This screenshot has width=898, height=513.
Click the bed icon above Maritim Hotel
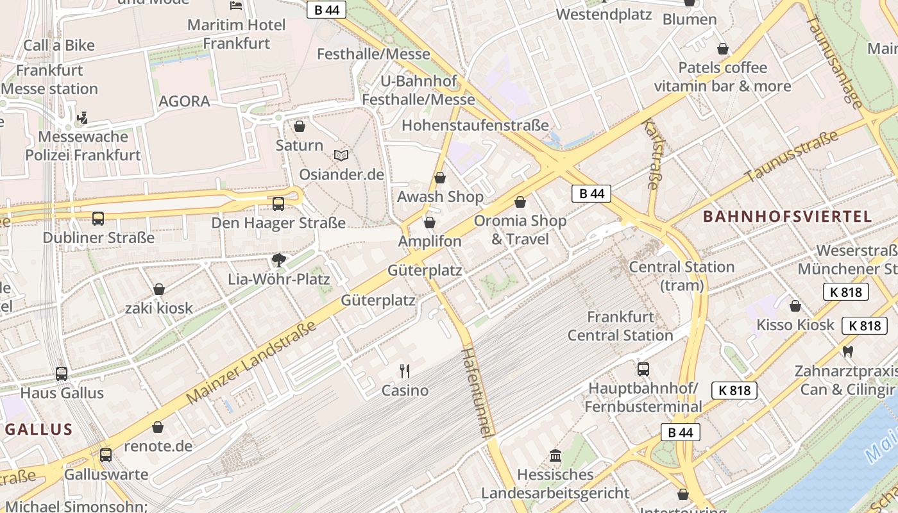click(x=236, y=5)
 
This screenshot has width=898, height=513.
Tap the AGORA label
click(x=184, y=101)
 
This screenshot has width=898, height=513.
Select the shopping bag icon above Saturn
click(x=299, y=126)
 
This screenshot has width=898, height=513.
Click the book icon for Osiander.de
click(x=341, y=155)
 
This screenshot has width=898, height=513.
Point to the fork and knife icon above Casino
click(x=405, y=371)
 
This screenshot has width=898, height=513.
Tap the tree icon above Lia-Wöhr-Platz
click(x=278, y=260)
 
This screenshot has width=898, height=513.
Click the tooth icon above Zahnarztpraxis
click(x=847, y=351)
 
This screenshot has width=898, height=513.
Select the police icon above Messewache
click(x=82, y=118)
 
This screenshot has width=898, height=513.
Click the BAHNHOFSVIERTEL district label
click(x=788, y=216)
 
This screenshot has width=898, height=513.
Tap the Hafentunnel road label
click(x=479, y=392)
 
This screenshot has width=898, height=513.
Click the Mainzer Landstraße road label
click(x=252, y=363)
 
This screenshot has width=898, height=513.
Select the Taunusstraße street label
click(x=792, y=156)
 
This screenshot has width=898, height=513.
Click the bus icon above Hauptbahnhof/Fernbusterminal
click(x=643, y=369)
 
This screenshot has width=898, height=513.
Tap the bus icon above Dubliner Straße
click(x=98, y=219)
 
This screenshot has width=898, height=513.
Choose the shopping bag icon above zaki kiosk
click(x=158, y=289)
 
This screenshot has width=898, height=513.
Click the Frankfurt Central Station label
click(x=620, y=326)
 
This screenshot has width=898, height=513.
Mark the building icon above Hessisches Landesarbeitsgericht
click(x=555, y=455)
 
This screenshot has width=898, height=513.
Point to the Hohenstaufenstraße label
click(x=475, y=125)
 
